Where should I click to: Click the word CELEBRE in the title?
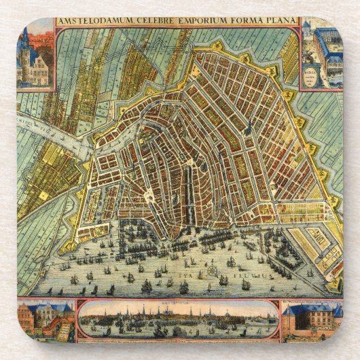(150, 22)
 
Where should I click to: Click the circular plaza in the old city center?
(147, 196)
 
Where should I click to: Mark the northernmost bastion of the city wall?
(217, 46)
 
